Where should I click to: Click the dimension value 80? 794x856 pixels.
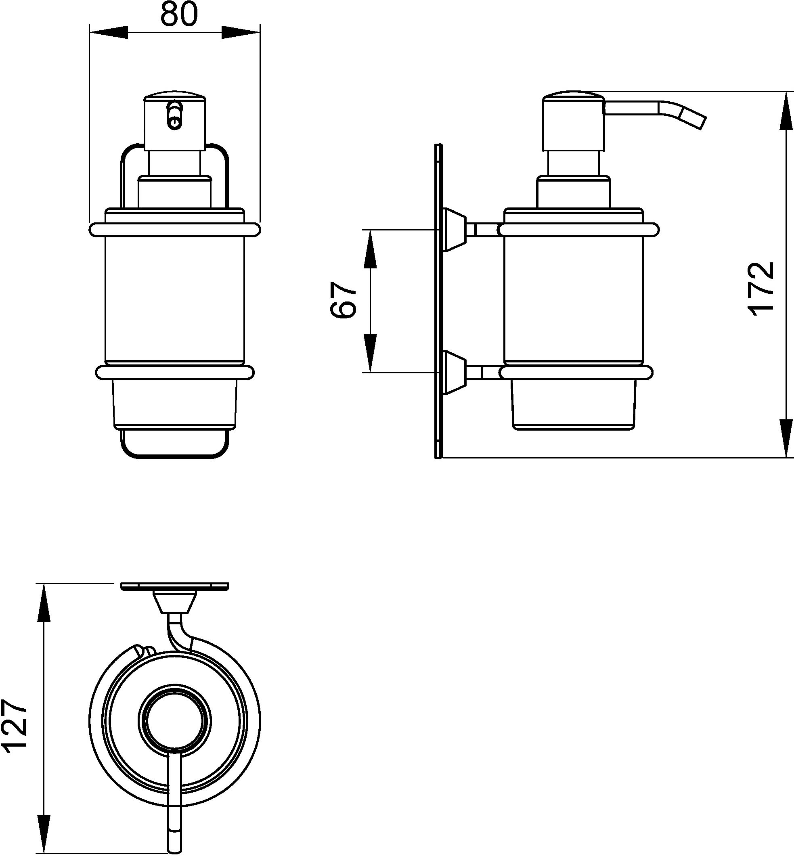pyautogui.click(x=179, y=14)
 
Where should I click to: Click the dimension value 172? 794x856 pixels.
pyautogui.click(x=761, y=289)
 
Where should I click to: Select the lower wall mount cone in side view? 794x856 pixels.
pyautogui.click(x=453, y=373)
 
